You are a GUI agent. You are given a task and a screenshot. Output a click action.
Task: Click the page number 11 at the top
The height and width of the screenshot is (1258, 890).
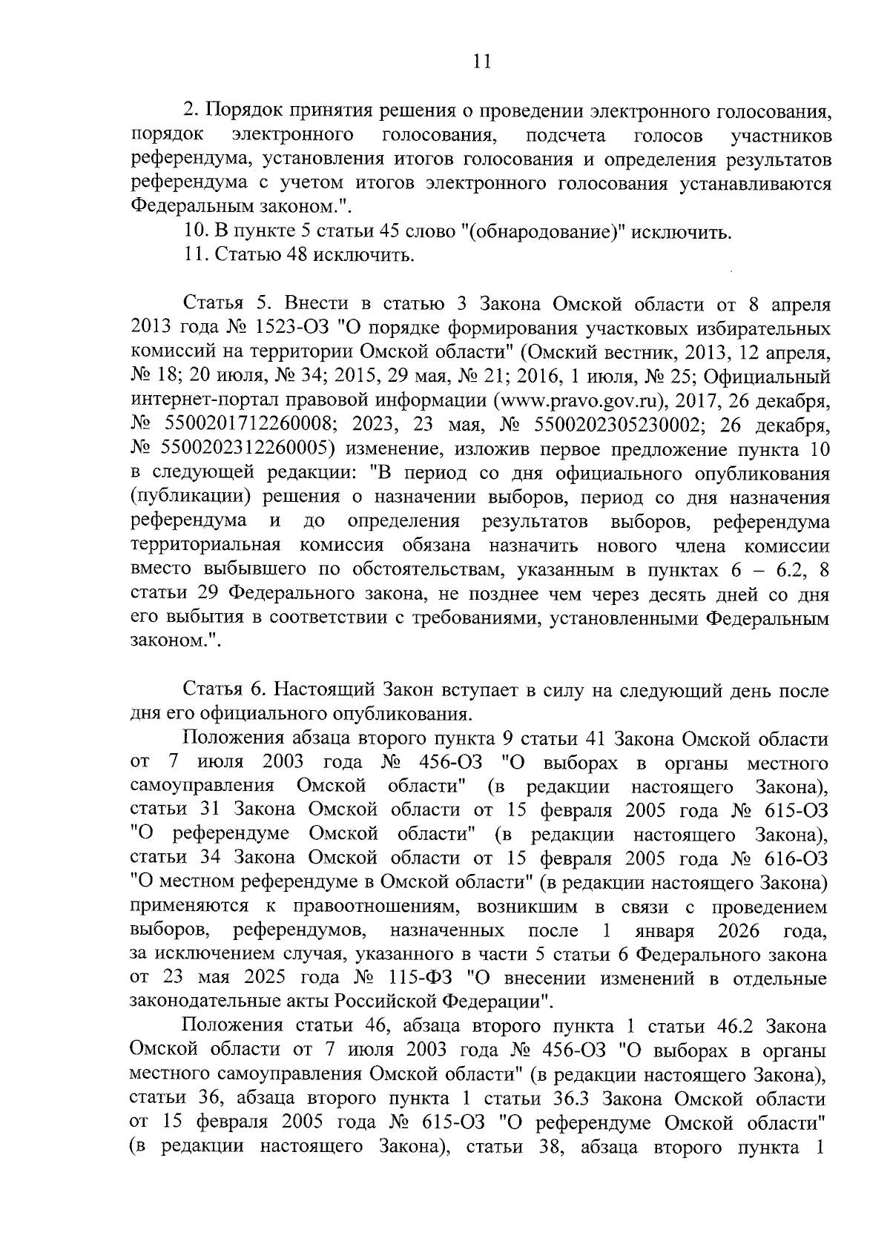[482, 62]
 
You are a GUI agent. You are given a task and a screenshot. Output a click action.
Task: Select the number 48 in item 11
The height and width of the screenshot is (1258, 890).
[292, 256]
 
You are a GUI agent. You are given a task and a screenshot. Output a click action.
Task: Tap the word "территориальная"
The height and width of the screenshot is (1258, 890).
[205, 546]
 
